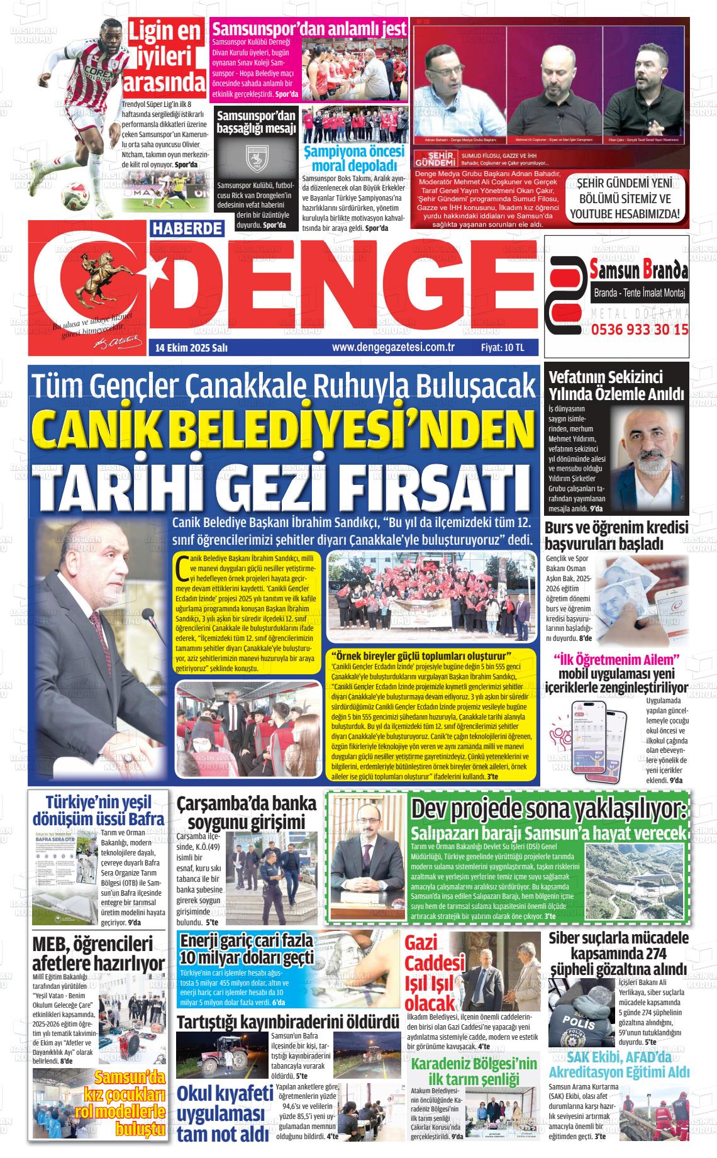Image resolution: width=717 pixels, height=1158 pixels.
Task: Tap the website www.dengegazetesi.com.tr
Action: [393, 347]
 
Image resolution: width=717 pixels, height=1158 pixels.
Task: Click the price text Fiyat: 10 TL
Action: [502, 347]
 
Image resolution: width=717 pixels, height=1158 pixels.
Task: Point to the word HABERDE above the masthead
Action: [187, 229]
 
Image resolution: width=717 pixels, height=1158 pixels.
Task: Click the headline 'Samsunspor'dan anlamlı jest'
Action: [300, 29]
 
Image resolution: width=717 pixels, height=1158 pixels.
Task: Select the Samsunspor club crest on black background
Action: [255, 161]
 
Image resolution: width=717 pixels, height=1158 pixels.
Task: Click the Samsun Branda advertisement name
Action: [639, 271]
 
